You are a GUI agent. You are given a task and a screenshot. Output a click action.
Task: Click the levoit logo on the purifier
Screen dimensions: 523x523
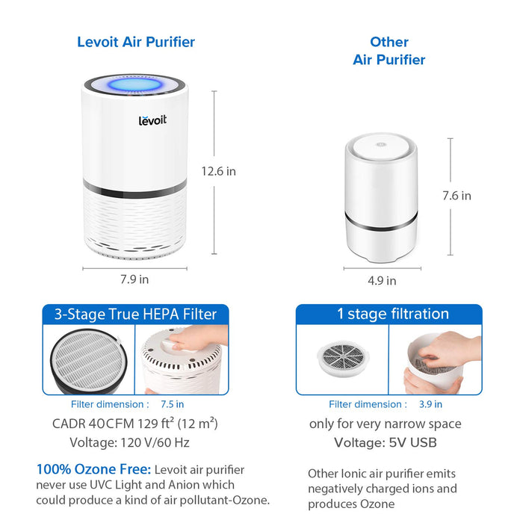[x=152, y=120]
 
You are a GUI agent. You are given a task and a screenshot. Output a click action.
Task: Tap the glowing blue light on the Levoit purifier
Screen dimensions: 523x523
[x=135, y=84]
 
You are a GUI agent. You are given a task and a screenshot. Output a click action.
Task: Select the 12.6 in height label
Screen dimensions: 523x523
[x=218, y=171]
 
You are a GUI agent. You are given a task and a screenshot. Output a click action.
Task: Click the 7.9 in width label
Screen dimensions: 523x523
[x=134, y=279]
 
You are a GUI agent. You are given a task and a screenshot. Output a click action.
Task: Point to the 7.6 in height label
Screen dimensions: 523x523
[x=457, y=196]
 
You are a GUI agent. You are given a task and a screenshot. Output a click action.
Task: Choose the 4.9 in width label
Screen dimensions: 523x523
[x=382, y=280]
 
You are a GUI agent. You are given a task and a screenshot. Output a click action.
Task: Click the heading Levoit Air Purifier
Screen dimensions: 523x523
[x=136, y=42]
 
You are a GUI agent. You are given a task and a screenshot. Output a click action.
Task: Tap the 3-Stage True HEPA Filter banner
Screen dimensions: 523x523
[x=135, y=315]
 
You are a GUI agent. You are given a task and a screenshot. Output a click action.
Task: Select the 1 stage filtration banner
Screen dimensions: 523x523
[x=389, y=315]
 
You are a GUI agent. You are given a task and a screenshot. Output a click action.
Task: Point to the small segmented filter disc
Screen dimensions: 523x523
[x=343, y=358]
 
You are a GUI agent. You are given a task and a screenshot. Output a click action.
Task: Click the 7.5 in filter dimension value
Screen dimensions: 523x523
[x=172, y=404]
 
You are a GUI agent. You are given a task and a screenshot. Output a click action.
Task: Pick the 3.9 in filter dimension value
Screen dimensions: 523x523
[x=430, y=404]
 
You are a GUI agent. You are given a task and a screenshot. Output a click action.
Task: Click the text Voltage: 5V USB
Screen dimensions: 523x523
[x=386, y=442]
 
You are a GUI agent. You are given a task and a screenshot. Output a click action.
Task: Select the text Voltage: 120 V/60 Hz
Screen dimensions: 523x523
[x=129, y=442]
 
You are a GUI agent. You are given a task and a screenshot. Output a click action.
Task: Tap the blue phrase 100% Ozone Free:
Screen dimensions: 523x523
[x=93, y=469]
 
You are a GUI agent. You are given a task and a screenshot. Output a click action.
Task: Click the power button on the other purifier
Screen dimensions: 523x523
[x=381, y=145]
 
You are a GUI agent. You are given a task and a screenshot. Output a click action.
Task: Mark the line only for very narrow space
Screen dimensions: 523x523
[x=386, y=424]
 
